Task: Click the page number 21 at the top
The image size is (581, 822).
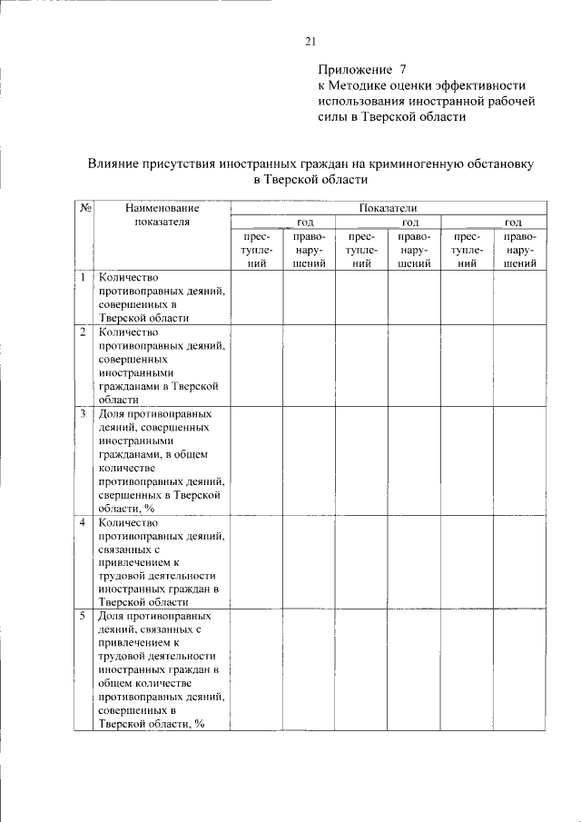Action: coord(310,41)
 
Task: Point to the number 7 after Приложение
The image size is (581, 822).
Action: coord(403,69)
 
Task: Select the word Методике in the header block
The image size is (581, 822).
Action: coord(359,84)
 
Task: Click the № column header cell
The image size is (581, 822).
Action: coord(84,209)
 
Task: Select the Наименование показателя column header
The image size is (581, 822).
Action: coord(162,214)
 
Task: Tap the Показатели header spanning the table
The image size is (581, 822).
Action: coord(388,208)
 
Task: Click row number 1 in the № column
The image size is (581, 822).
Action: coord(83,277)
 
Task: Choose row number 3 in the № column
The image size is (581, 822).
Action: coord(83,413)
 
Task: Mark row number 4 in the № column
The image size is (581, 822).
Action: coord(83,522)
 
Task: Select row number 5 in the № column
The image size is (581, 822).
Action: coord(83,616)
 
